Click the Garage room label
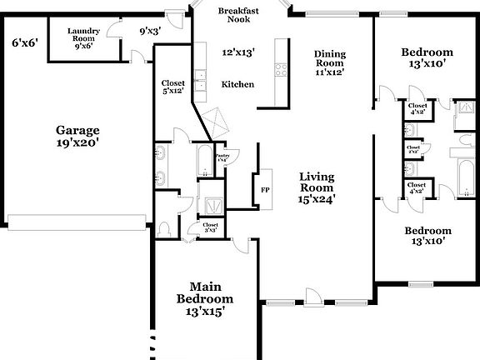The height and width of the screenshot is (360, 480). coord(77,130)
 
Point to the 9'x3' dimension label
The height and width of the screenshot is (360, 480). coord(149,31)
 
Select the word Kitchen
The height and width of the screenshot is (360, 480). coord(237,84)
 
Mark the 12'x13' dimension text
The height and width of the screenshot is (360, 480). coord(237,52)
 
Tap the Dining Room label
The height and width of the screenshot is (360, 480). coord(329,59)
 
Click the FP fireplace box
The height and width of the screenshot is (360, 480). coord(265,188)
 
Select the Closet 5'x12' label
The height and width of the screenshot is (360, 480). coord(173,87)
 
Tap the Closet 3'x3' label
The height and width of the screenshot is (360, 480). coord(210,227)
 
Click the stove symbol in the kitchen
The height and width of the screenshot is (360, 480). coord(282,70)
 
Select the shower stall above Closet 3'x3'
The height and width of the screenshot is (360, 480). coord(211,202)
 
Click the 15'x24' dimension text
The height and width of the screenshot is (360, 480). coord(317,199)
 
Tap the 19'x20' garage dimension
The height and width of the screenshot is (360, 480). coord(77,142)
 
